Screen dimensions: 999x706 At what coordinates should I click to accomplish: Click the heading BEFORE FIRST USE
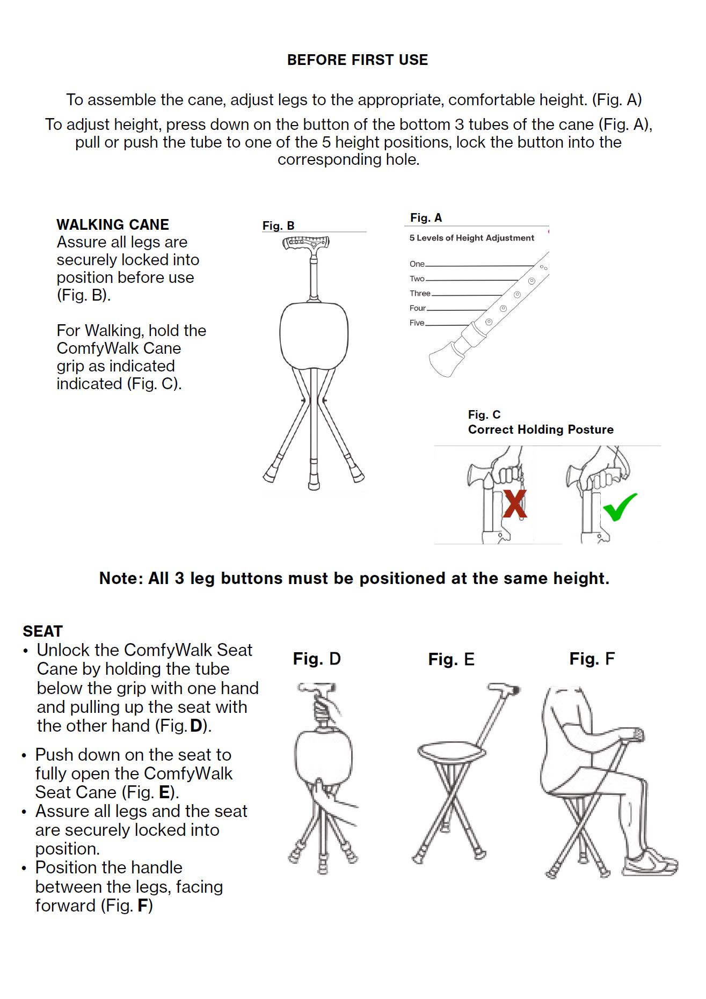tap(358, 60)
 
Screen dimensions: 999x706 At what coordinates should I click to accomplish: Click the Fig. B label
tap(278, 226)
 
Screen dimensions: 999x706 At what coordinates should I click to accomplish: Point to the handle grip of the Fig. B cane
tap(305, 243)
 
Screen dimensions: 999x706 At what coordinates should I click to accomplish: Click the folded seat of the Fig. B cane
tap(314, 335)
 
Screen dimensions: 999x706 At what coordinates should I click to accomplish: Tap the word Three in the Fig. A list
tap(420, 294)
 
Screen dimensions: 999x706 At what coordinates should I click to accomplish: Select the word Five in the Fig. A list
tap(417, 323)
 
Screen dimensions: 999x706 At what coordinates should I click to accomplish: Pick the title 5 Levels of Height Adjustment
tap(471, 238)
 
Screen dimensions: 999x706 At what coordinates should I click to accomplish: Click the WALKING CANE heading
tap(113, 224)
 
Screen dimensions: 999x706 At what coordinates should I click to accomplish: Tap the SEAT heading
tap(42, 631)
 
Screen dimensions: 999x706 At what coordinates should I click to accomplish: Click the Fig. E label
tap(451, 659)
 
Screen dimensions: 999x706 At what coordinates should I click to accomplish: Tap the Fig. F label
tap(592, 659)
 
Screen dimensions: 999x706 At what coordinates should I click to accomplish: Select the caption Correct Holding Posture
tap(540, 429)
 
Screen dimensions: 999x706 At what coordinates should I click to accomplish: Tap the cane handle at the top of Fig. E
tap(505, 689)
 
